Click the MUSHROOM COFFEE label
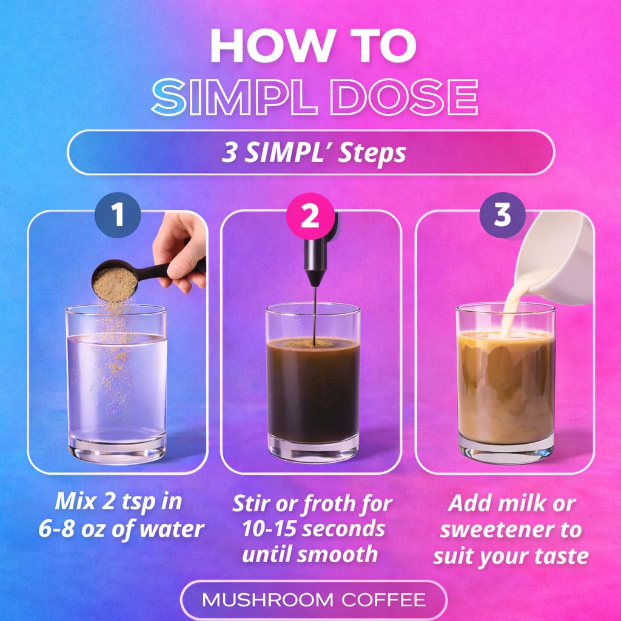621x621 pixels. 314,600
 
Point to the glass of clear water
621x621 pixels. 116,388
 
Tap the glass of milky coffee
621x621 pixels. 506,388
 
